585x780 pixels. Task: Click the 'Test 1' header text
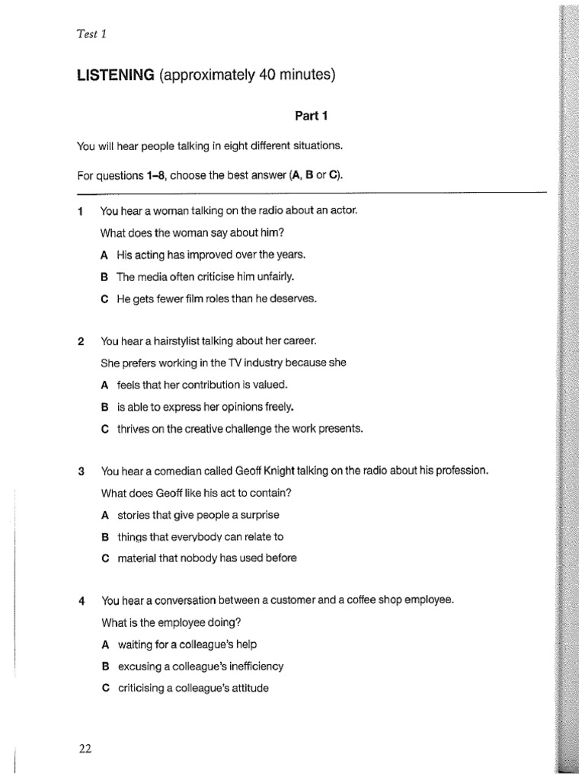[91, 33]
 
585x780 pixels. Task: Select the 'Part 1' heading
[311, 116]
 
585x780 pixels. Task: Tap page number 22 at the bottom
[85, 748]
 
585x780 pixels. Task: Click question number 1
[81, 210]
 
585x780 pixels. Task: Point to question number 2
[81, 341]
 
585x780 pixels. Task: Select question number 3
[81, 471]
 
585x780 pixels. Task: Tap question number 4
[81, 600]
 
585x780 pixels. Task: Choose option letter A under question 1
[104, 255]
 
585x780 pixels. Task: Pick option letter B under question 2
[104, 407]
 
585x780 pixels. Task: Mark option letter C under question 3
[104, 558]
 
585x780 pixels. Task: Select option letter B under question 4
[104, 667]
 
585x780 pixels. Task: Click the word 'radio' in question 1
[259, 210]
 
